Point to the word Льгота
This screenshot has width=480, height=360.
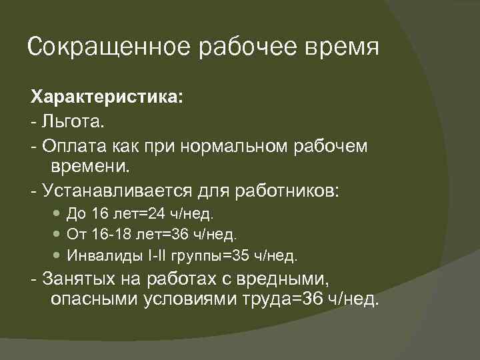[x=72, y=122]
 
